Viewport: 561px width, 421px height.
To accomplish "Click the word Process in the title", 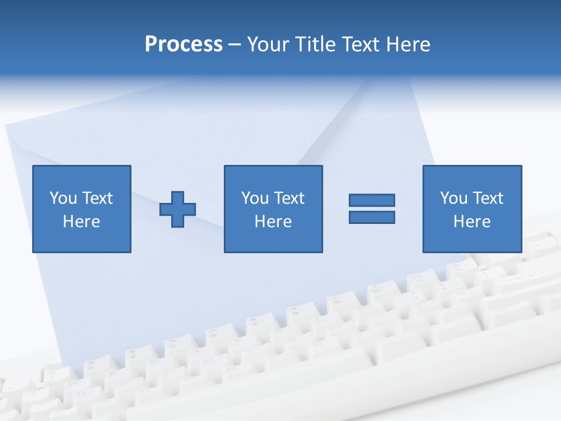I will click(x=183, y=44).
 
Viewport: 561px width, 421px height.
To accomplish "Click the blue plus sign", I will click(x=178, y=209).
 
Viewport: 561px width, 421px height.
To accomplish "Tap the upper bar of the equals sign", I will click(x=372, y=200).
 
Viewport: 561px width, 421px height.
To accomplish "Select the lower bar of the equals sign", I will click(x=372, y=217).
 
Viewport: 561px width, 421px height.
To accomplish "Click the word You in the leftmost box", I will click(x=63, y=198).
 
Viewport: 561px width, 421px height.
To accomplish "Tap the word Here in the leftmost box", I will click(x=81, y=222).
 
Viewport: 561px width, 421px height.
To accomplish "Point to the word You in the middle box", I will click(x=254, y=198).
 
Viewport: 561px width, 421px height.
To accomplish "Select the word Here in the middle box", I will click(x=273, y=222).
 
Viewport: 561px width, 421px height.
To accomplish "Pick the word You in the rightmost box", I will click(x=453, y=198).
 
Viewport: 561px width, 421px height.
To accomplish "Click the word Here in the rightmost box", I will click(x=472, y=222).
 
